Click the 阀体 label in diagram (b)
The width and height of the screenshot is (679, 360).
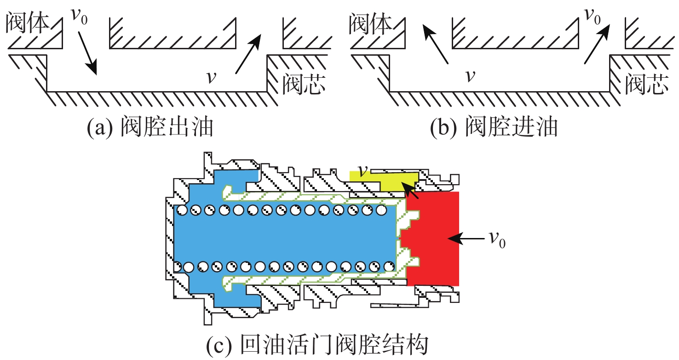pos(370,23)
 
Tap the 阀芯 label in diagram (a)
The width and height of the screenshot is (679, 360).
pos(304,84)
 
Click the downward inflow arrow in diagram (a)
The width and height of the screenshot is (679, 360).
pos(87,58)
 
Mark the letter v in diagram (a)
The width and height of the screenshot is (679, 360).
pos(211,77)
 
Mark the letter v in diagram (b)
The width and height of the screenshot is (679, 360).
pos(469,75)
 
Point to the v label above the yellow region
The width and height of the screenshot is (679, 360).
pos(363,171)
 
